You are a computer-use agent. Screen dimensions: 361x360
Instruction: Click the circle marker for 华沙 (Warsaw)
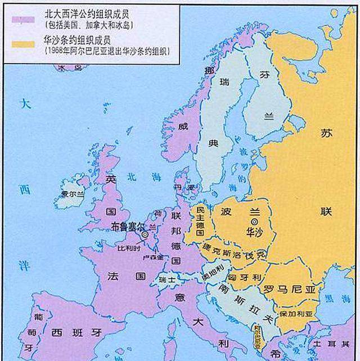point(246,222)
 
